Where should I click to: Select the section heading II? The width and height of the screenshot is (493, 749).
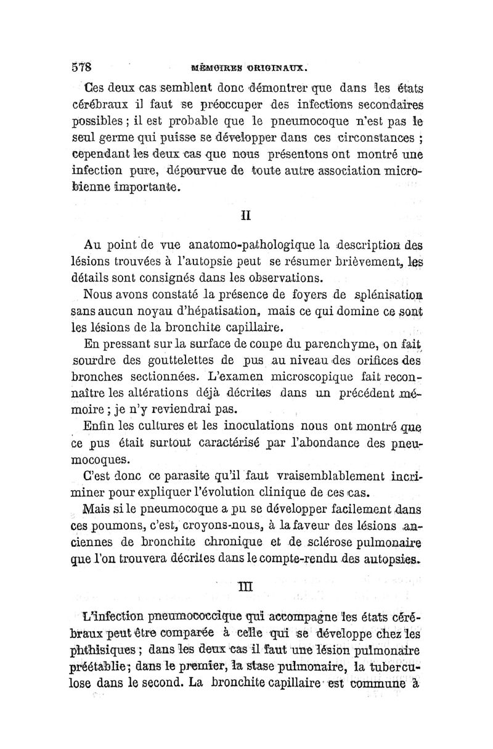coord(244,216)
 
